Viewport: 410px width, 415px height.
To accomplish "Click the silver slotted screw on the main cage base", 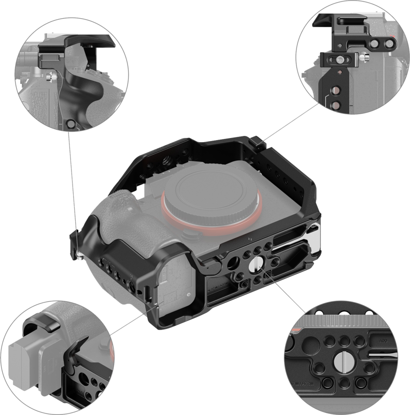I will (x=256, y=266).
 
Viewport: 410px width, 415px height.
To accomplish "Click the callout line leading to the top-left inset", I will (x=73, y=182).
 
